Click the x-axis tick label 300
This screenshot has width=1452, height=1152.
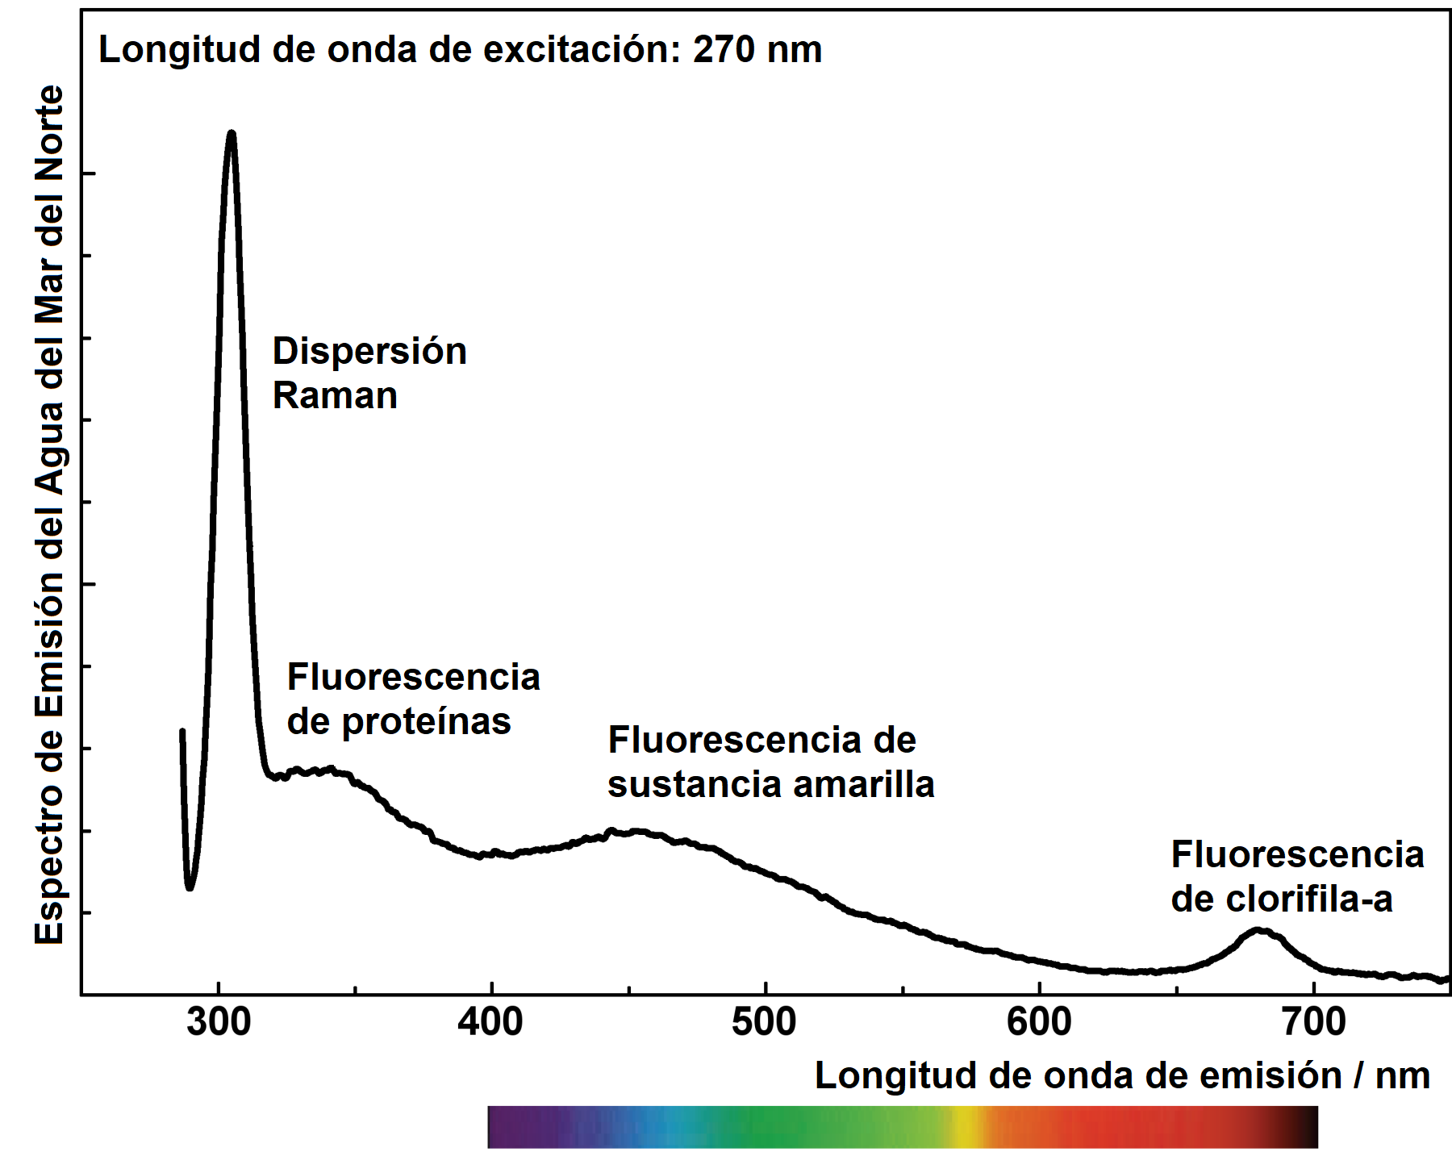click(219, 1023)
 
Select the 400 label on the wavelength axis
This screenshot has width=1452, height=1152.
click(490, 1023)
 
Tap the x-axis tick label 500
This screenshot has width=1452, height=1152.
click(764, 1023)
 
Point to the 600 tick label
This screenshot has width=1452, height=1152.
click(1039, 1023)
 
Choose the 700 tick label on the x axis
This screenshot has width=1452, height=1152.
click(1313, 1023)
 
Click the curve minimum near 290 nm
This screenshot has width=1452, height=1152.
click(190, 887)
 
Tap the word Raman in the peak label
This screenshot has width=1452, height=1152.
click(335, 396)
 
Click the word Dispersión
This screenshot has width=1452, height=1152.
click(369, 352)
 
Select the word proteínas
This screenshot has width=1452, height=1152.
click(427, 722)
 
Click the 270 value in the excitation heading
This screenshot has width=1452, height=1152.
click(724, 50)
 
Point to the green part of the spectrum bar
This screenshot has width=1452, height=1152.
click(774, 1127)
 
